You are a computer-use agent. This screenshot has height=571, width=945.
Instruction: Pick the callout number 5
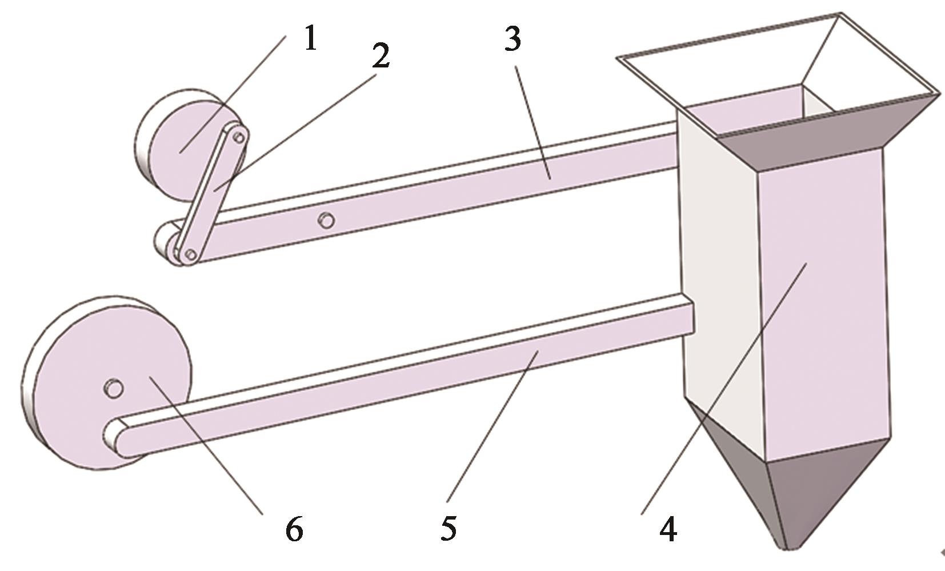click(x=449, y=528)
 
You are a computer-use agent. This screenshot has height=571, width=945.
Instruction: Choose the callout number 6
click(x=294, y=528)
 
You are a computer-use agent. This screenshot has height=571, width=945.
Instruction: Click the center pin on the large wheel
click(x=114, y=388)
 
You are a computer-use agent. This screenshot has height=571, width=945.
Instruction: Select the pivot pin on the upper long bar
click(x=326, y=220)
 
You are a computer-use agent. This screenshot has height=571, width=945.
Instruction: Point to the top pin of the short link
click(x=239, y=137)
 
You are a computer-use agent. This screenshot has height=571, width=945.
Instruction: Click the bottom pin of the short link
click(x=191, y=254)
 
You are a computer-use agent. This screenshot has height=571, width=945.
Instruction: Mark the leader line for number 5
click(x=492, y=426)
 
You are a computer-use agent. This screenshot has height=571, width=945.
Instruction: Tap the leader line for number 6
click(x=206, y=446)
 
